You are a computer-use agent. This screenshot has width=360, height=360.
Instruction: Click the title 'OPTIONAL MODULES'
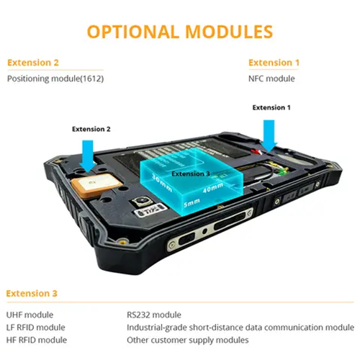(180, 32)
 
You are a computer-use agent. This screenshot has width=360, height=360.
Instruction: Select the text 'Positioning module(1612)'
(56, 78)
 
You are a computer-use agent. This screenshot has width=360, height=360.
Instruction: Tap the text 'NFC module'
(271, 78)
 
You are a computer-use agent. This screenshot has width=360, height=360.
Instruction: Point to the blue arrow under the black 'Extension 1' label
(270, 134)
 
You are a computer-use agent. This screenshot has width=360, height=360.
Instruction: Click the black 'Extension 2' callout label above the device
(91, 130)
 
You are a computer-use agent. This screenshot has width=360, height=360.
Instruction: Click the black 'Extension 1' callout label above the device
(271, 108)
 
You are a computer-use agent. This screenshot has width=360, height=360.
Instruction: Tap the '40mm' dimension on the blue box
(212, 190)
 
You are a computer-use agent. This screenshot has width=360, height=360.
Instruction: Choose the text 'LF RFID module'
(36, 327)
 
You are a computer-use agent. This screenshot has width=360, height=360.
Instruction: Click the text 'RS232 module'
(155, 315)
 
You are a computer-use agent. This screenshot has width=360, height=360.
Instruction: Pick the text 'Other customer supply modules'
(188, 339)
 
